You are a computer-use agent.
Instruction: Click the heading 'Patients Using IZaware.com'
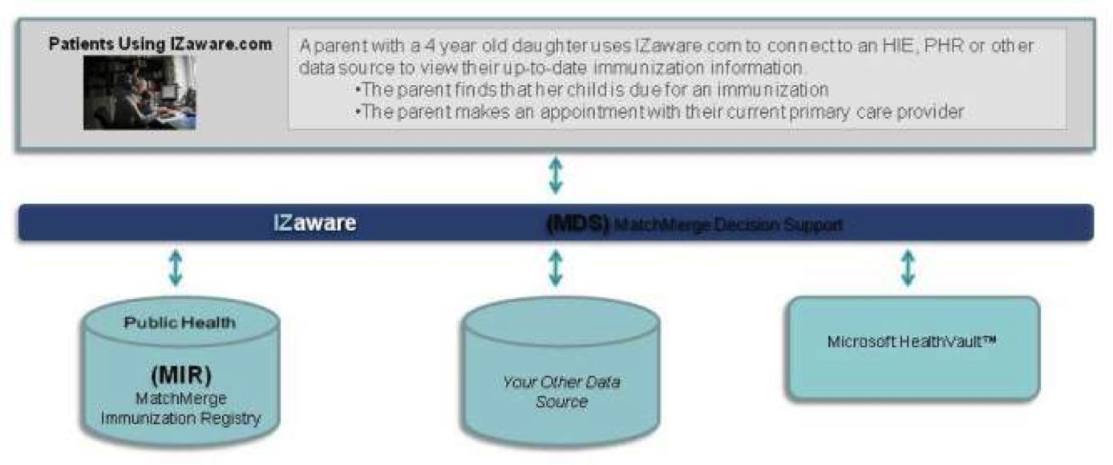pyautogui.click(x=160, y=44)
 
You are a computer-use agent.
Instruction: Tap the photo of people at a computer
pyautogui.click(x=140, y=93)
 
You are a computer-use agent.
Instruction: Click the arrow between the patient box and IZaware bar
pyautogui.click(x=556, y=176)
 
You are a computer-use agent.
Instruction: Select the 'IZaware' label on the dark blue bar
pyautogui.click(x=314, y=223)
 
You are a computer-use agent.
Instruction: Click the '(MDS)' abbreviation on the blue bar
pyautogui.click(x=577, y=223)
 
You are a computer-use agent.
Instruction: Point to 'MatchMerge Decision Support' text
pyautogui.click(x=728, y=225)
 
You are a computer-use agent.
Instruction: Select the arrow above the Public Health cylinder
pyautogui.click(x=176, y=268)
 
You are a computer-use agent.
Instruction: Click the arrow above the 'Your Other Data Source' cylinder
pyautogui.click(x=556, y=268)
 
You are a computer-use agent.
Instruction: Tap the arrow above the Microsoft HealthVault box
pyautogui.click(x=909, y=268)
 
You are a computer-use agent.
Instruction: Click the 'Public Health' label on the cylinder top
pyautogui.click(x=180, y=322)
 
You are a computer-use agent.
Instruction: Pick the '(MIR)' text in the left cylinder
pyautogui.click(x=181, y=374)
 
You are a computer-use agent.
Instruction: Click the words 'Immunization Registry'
pyautogui.click(x=181, y=418)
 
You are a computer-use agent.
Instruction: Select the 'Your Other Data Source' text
pyautogui.click(x=561, y=391)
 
